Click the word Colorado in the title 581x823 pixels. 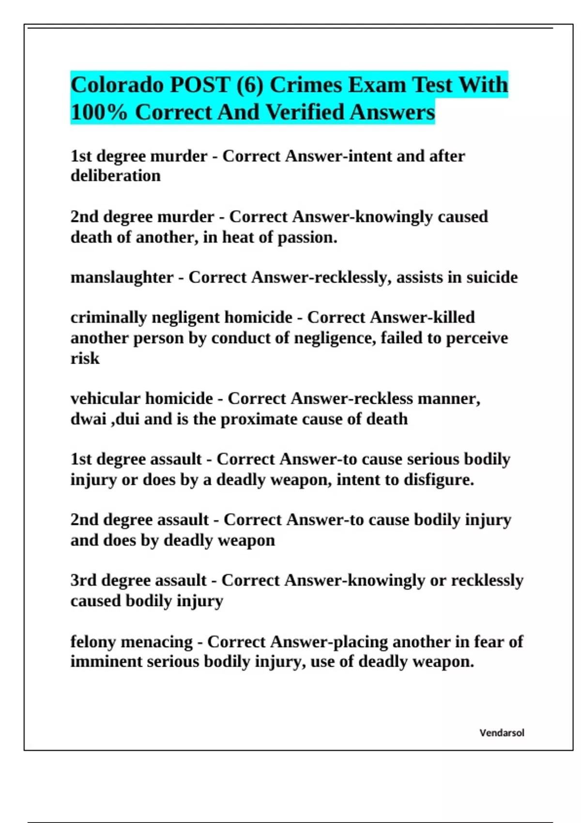(x=118, y=85)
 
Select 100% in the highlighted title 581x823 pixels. (x=99, y=112)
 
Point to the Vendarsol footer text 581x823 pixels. (x=502, y=733)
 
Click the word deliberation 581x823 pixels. (x=115, y=176)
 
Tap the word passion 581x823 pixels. (x=307, y=237)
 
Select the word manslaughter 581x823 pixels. (x=122, y=277)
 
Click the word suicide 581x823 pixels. (x=492, y=277)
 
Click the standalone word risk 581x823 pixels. (x=85, y=358)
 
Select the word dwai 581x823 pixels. (x=88, y=419)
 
